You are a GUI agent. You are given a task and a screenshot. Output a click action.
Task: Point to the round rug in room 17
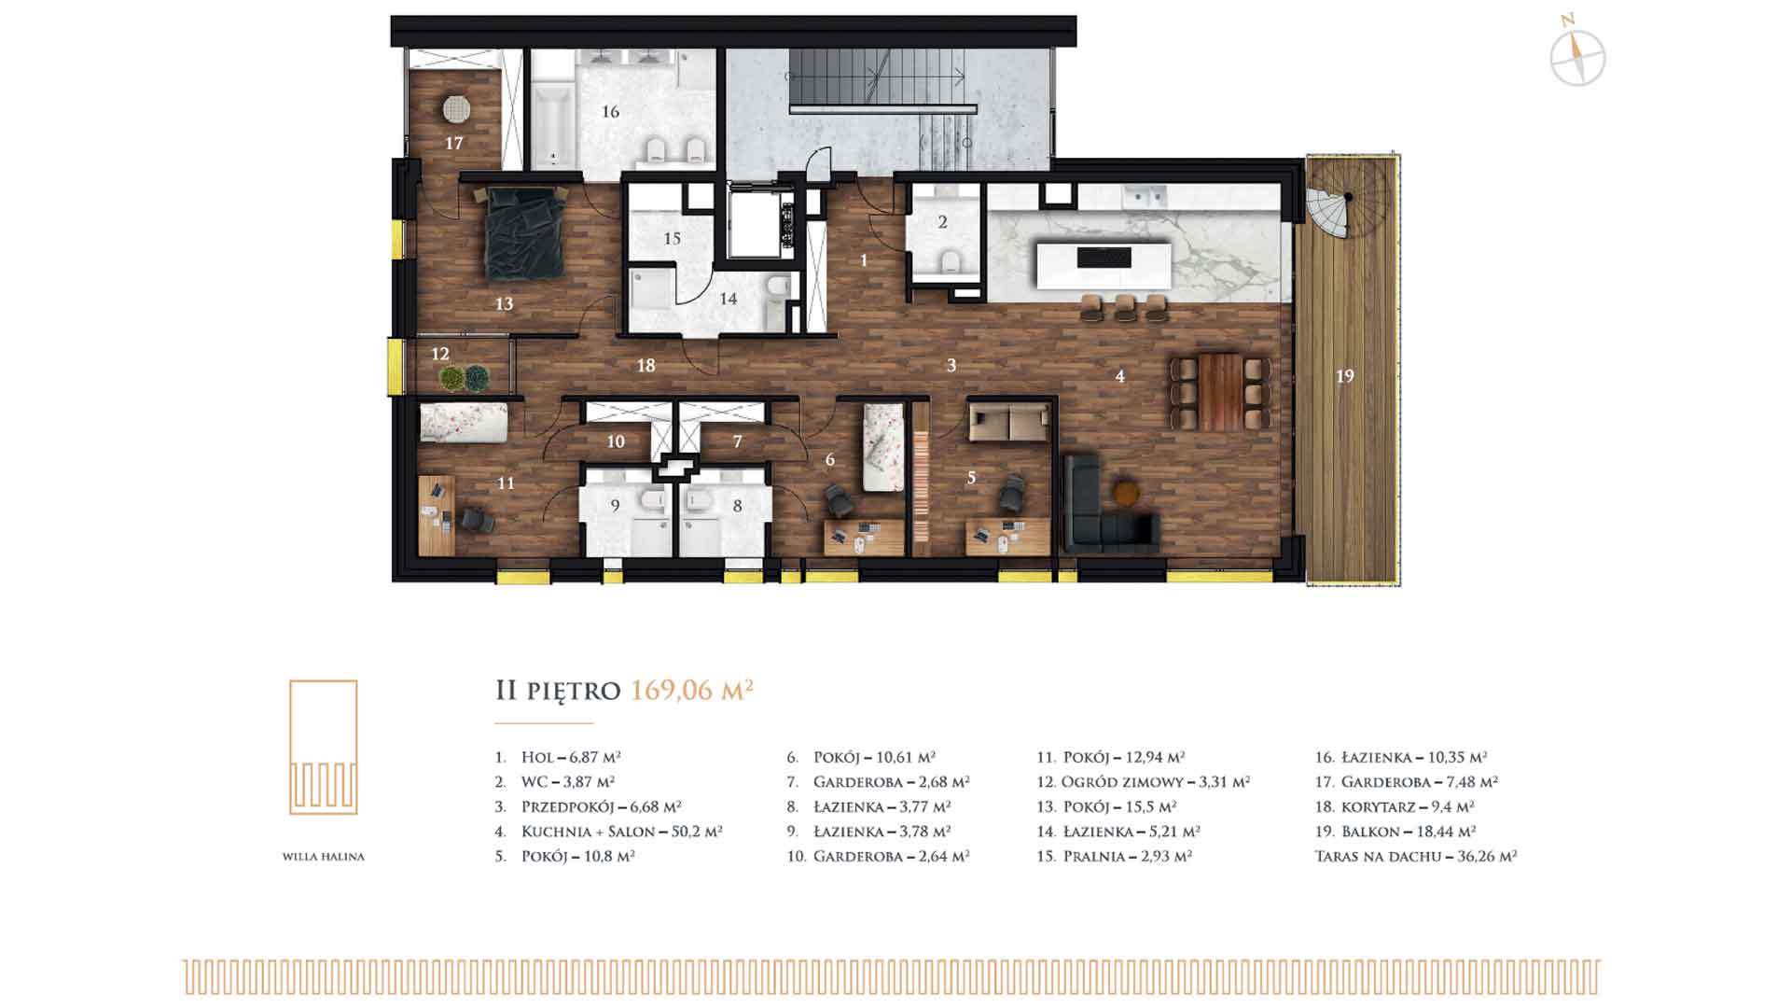point(456,109)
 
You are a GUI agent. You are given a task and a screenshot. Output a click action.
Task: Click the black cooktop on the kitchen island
point(1104,257)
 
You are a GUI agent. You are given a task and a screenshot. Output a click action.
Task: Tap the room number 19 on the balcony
point(1344,376)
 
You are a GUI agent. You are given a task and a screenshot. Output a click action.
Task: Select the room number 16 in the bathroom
point(610,112)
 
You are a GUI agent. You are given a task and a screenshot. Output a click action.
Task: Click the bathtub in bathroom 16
point(554,132)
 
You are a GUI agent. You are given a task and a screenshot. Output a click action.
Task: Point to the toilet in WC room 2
point(951,260)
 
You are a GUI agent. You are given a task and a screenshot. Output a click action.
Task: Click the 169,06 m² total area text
point(692,690)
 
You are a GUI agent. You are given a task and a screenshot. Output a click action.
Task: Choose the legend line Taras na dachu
point(1416,856)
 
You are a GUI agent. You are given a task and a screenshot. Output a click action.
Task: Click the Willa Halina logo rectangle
point(323,747)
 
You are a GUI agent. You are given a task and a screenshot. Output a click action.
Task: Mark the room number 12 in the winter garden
point(440,355)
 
